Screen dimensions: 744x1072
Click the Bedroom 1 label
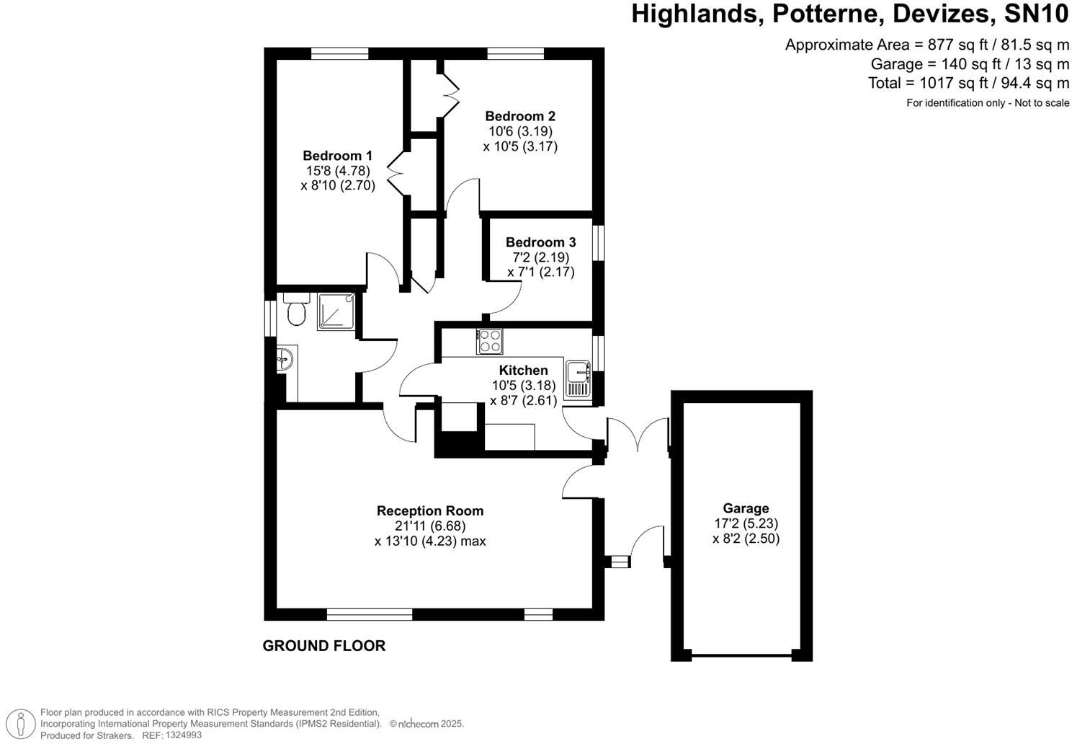337,156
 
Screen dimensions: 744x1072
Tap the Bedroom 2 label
519,116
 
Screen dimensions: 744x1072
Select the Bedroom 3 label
540,242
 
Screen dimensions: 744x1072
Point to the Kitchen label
524,370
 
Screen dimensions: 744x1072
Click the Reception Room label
430,510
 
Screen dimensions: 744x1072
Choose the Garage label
746,508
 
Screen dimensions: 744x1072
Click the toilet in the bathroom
295,311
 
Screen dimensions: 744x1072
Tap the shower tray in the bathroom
336,311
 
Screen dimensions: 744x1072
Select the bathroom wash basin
285,358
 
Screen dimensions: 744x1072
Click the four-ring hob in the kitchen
490,341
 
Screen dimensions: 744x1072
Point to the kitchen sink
578,379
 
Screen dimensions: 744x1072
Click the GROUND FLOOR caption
323,646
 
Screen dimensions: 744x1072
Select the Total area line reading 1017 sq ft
968,83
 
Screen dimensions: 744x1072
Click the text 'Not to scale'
1042,103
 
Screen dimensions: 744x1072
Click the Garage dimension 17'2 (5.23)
746,523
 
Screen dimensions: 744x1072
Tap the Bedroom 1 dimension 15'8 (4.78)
337,171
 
